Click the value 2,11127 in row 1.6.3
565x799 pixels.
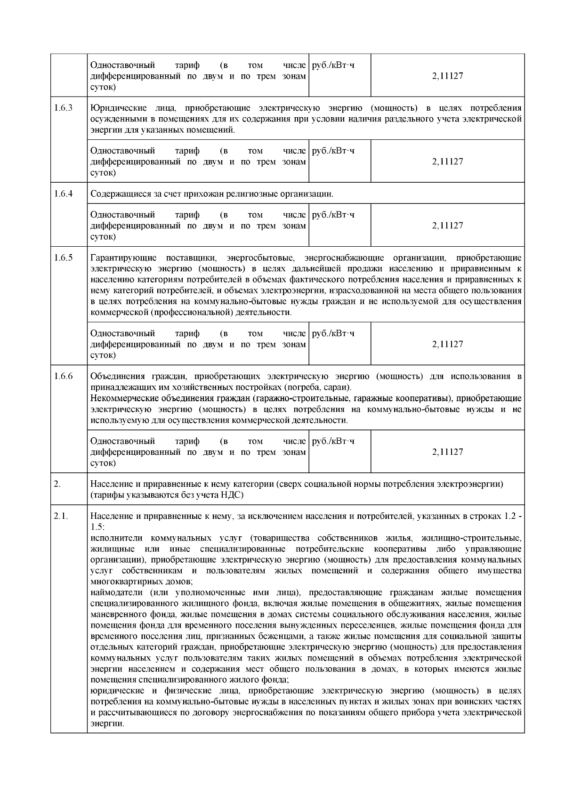(447, 161)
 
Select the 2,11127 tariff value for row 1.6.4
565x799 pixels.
(447, 226)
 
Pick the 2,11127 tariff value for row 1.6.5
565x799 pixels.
(447, 344)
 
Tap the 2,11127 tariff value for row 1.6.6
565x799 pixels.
(447, 452)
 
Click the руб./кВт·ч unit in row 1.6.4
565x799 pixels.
(333, 215)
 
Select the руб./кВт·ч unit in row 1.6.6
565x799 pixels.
(333, 442)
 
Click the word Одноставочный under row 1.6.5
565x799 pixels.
(122, 334)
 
